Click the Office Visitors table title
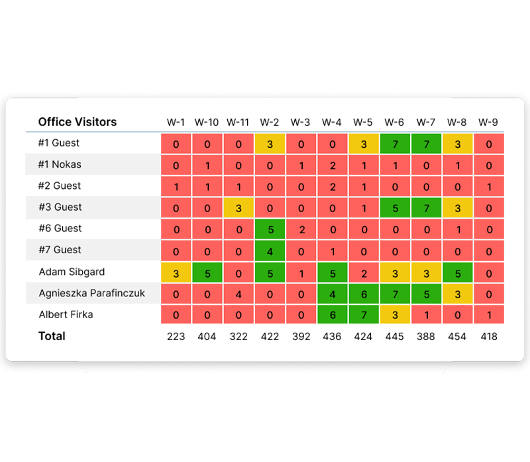click(x=78, y=122)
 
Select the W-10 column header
click(x=207, y=123)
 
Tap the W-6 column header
click(x=394, y=123)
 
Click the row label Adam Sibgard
click(x=72, y=271)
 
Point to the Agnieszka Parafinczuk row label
click(x=92, y=293)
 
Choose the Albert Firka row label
click(x=66, y=314)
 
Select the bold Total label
click(x=52, y=336)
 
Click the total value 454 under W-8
click(x=456, y=337)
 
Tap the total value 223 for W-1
click(x=176, y=337)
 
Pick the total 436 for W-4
click(x=331, y=337)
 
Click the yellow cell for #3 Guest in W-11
click(x=238, y=208)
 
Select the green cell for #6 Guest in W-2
click(x=269, y=229)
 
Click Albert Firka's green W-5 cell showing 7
click(x=363, y=316)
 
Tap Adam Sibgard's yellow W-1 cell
click(x=176, y=272)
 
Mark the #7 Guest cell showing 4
click(x=269, y=251)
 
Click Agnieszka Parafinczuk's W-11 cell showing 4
click(x=238, y=294)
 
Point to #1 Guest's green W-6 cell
click(x=394, y=144)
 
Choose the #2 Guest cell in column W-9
click(x=488, y=187)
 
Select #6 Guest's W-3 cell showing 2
click(x=300, y=229)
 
